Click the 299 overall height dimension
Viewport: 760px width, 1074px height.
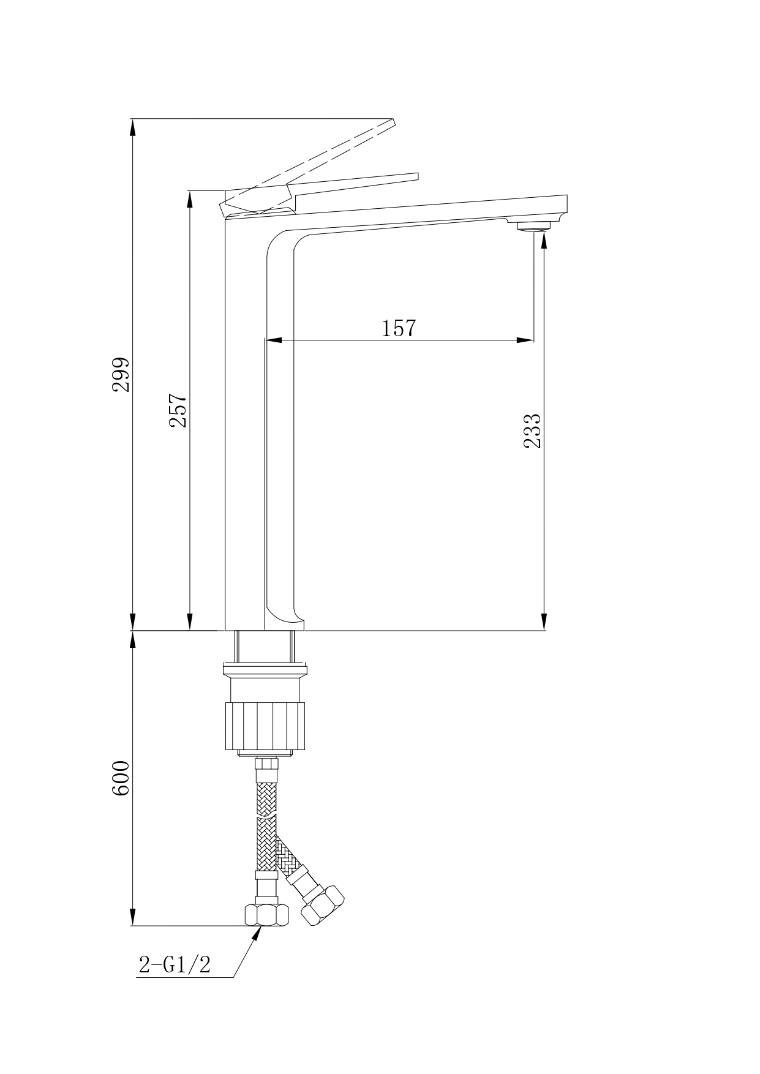[121, 374]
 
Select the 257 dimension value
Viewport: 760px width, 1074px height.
[178, 410]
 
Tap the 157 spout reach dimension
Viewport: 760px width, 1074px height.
[399, 328]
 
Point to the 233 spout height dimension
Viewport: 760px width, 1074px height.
[532, 431]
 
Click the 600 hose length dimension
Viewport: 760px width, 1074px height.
[121, 778]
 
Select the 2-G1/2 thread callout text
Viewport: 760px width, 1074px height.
[175, 964]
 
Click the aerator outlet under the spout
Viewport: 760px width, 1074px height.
[535, 227]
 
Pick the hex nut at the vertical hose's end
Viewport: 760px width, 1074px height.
[266, 915]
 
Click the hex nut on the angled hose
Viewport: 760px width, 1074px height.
[323, 905]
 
